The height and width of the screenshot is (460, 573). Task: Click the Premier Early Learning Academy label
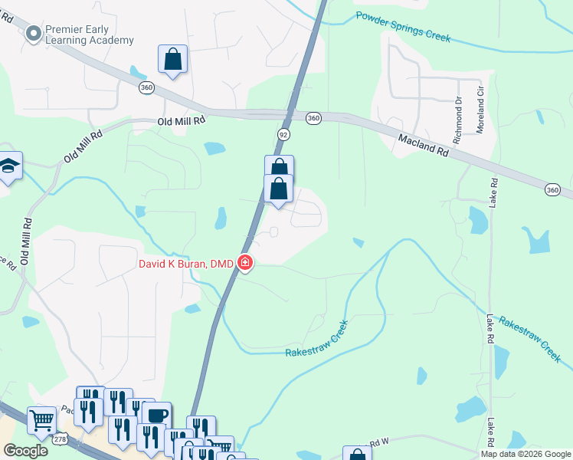90,34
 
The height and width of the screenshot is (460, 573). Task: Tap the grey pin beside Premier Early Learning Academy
33,34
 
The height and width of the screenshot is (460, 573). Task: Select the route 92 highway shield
282,133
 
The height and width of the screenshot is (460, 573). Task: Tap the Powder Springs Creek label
403,27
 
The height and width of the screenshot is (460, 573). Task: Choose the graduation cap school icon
9,166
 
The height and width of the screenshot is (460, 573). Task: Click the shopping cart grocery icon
41,419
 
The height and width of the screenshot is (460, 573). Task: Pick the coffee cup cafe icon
157,416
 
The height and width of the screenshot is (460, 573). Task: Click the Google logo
25,451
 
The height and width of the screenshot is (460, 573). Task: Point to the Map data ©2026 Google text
525,454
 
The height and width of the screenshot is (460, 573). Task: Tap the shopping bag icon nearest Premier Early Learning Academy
172,59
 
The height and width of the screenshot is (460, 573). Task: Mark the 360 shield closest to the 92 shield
313,118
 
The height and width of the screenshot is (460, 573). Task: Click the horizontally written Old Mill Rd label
182,121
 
